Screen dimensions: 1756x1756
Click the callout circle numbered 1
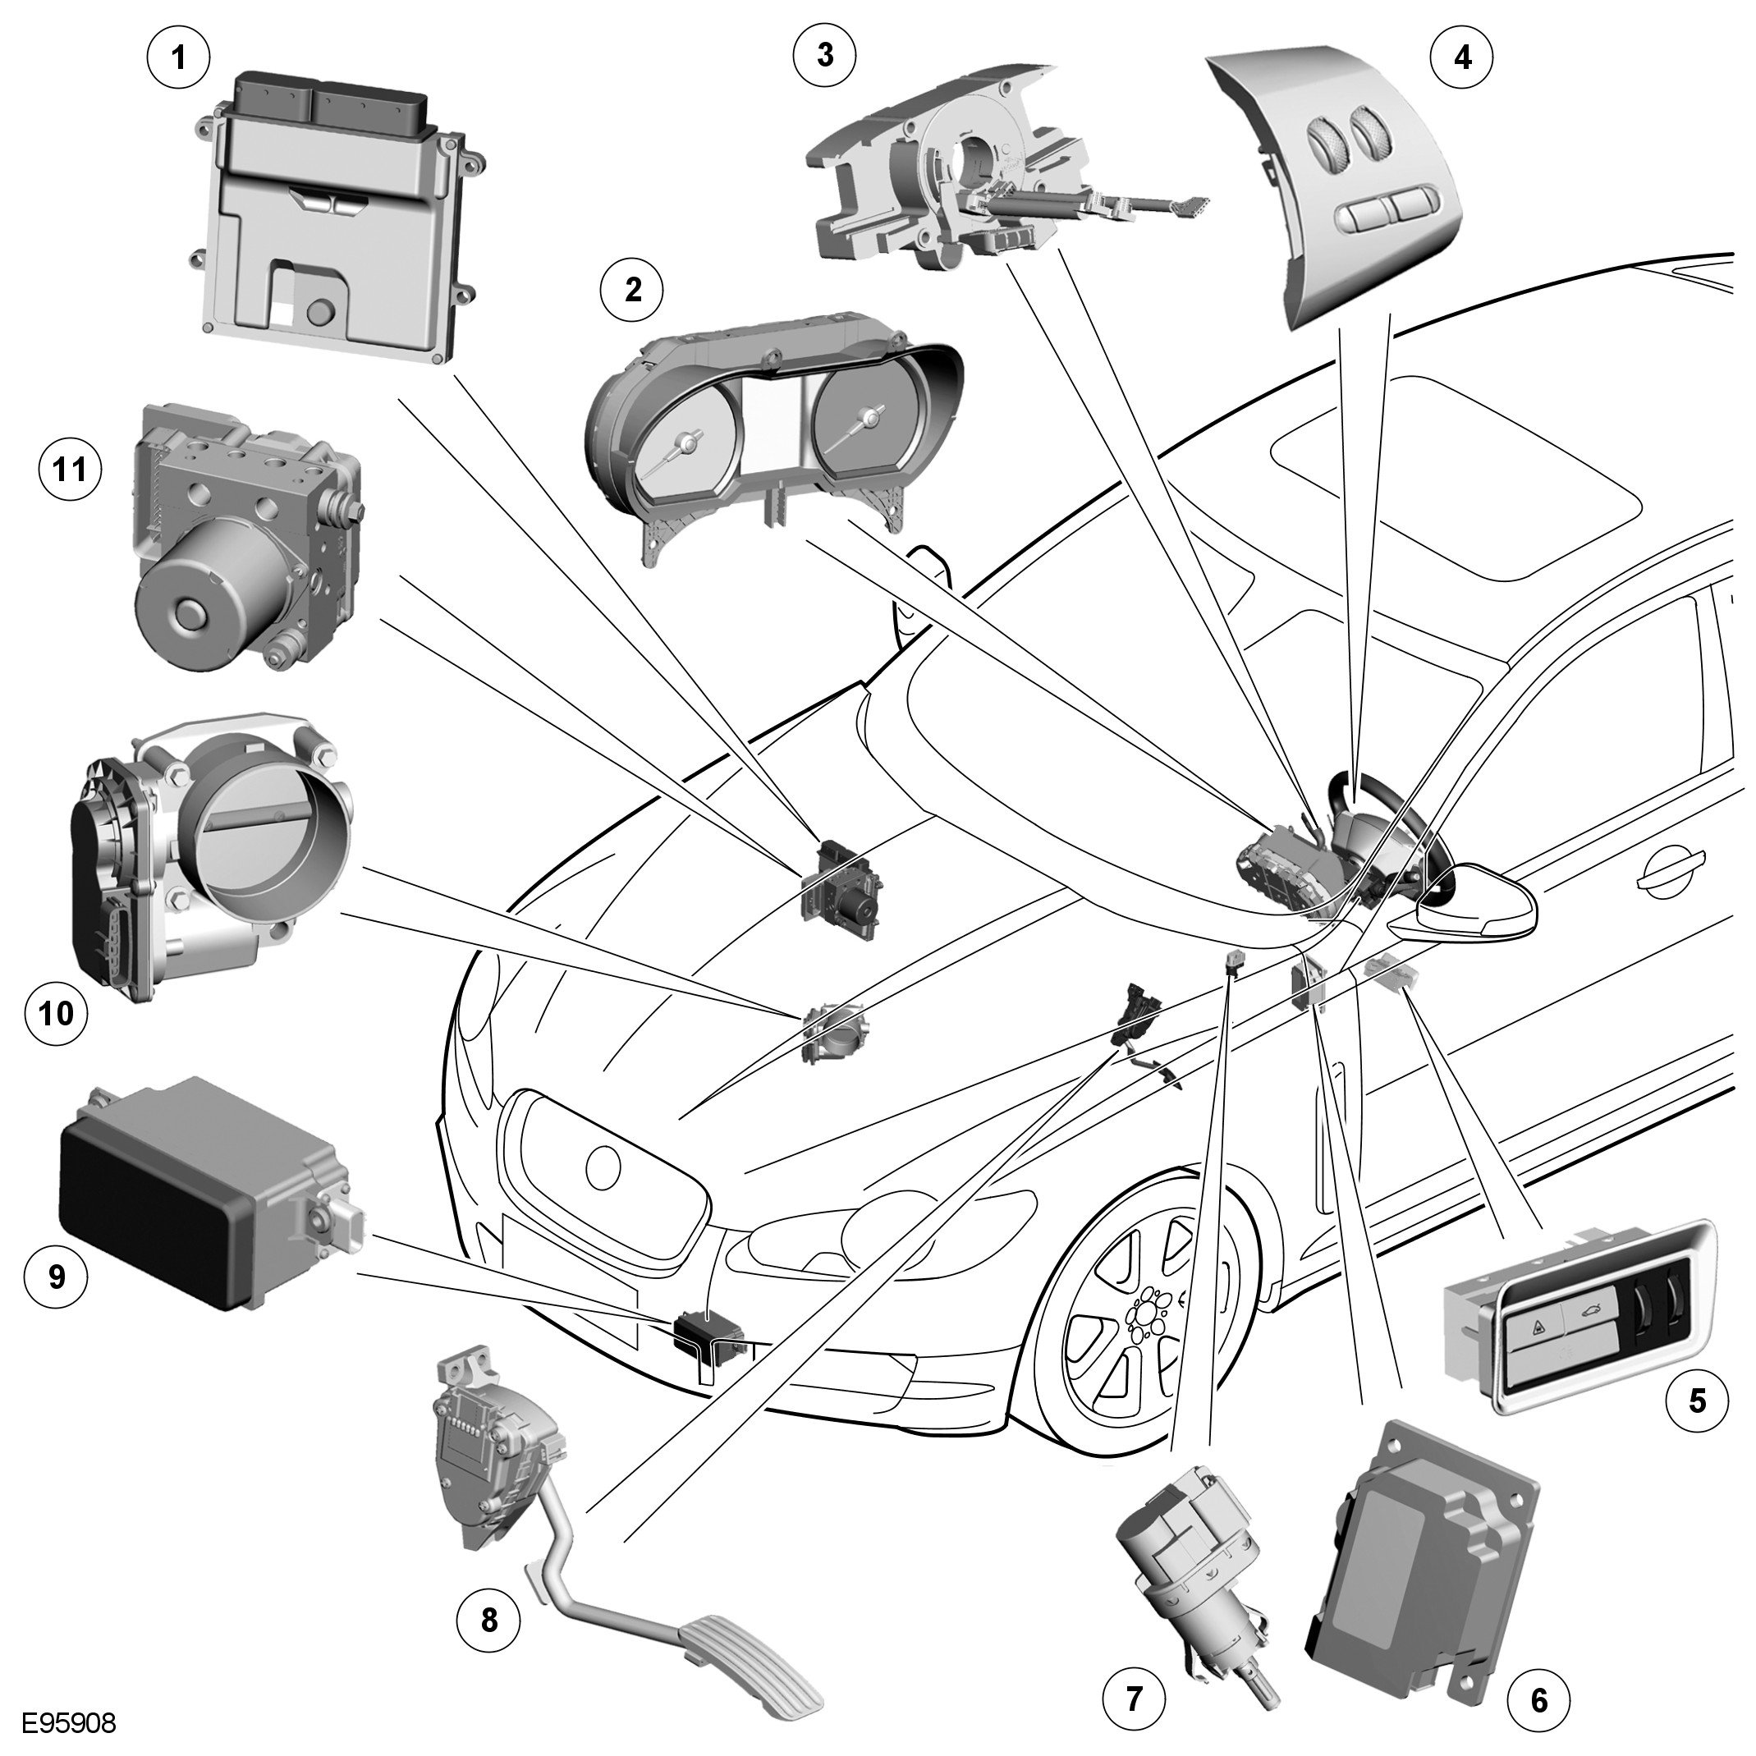[178, 58]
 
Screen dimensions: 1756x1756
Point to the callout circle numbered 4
[1462, 57]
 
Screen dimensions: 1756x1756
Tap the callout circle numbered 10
[57, 1011]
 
